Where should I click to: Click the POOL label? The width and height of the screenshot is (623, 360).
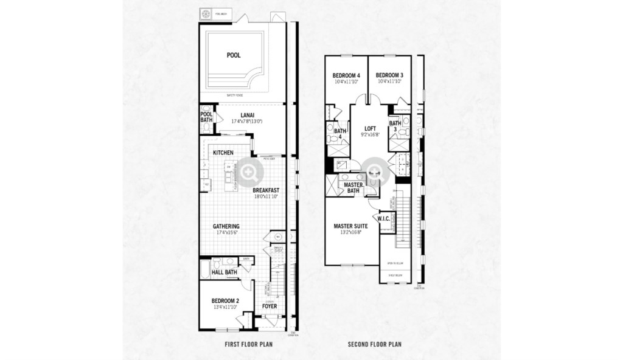(234, 55)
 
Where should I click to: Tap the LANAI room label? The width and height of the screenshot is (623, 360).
(247, 114)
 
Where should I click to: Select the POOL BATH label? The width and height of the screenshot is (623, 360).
(206, 117)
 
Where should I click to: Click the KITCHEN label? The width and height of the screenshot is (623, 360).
(224, 153)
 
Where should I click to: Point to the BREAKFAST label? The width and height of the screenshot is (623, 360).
(265, 190)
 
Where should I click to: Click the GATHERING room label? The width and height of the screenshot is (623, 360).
(226, 226)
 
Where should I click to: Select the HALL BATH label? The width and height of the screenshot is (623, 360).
(223, 273)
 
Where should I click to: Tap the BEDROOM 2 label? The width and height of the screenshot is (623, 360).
(224, 301)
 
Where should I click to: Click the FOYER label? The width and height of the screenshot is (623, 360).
(270, 306)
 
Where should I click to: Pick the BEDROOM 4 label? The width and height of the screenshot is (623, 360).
(346, 75)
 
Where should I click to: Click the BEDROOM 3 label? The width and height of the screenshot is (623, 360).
(389, 75)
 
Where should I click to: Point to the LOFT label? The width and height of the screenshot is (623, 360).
(370, 128)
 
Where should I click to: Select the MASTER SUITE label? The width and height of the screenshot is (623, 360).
(350, 226)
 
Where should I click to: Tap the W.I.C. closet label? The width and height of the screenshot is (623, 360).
(384, 218)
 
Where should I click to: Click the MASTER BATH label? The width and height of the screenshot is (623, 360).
(353, 187)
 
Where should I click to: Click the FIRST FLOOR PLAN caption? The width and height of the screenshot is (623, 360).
(248, 344)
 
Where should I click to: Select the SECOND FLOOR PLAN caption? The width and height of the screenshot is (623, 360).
(374, 344)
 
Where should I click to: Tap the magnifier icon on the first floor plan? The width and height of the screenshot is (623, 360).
(249, 171)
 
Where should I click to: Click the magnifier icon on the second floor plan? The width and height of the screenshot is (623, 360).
(374, 171)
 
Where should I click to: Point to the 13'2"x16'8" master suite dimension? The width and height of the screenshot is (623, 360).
(350, 232)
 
